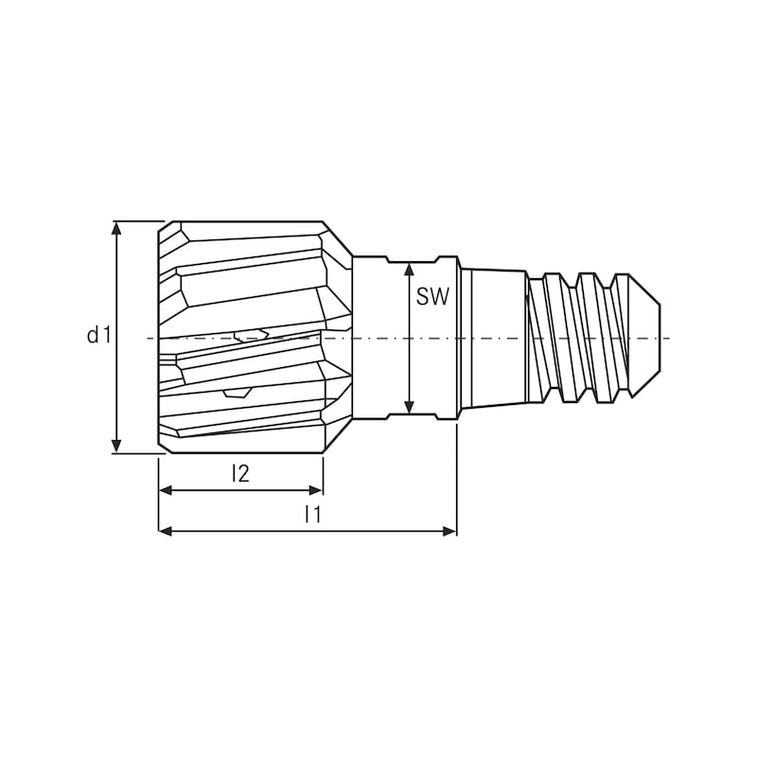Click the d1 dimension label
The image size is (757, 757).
(x=99, y=334)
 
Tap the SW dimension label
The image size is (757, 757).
(x=432, y=296)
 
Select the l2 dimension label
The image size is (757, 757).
(x=240, y=474)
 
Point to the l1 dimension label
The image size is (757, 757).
(x=312, y=516)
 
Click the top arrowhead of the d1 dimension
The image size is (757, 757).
(x=116, y=228)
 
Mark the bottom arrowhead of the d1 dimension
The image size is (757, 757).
(x=116, y=447)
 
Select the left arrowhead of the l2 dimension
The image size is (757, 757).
(x=165, y=490)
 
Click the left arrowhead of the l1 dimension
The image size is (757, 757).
(x=165, y=532)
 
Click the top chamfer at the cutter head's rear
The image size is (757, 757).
(x=337, y=238)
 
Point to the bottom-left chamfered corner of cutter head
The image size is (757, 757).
(x=165, y=446)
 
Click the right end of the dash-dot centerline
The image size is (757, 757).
(x=668, y=338)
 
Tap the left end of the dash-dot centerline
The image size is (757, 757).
(x=150, y=338)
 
